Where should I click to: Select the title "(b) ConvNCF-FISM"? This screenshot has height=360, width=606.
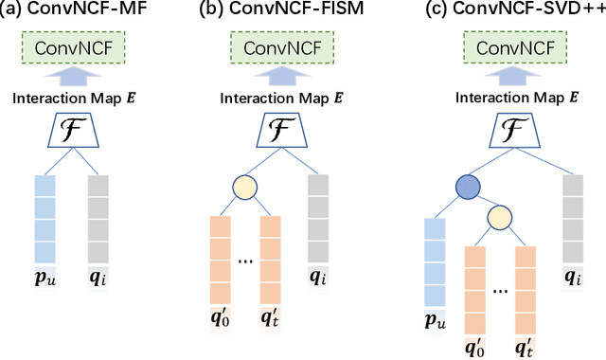click(x=275, y=12)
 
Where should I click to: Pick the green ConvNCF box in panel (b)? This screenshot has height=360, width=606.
click(x=281, y=48)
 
